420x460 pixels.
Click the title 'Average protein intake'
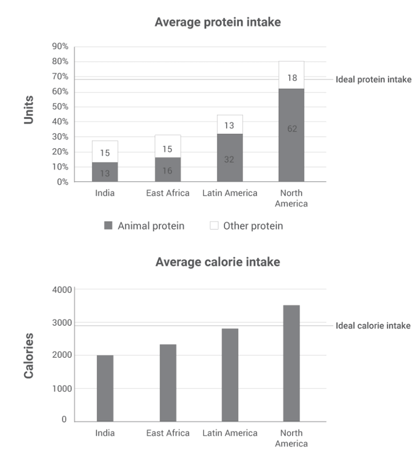point(218,22)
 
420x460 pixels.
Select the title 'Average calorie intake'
point(218,262)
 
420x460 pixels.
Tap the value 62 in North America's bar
point(292,129)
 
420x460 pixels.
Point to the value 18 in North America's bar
point(292,78)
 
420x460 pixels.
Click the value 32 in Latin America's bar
point(229,159)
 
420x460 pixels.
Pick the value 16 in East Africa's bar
point(167,170)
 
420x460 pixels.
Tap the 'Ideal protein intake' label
point(373,80)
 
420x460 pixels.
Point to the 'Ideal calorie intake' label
point(373,326)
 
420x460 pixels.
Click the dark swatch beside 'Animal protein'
point(108,226)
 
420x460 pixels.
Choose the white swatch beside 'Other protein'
point(214,226)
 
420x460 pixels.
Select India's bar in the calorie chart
point(105,388)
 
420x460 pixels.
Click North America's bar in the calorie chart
point(292,363)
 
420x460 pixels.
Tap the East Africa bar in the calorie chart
point(168,382)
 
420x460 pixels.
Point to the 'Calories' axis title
point(29,355)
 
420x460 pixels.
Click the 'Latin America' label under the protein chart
point(230,193)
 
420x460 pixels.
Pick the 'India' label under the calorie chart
point(105,433)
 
